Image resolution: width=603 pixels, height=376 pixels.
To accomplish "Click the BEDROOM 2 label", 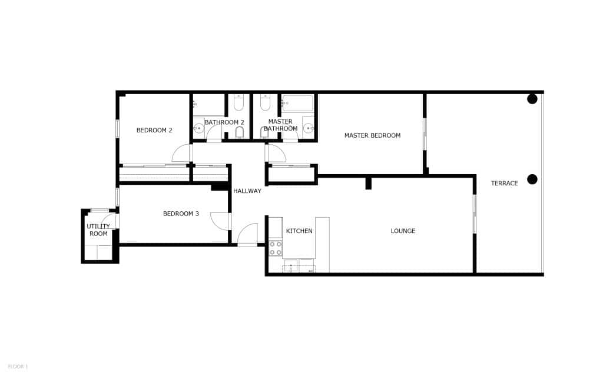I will [x=154, y=130].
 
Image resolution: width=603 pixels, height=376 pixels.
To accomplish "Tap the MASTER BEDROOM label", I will [x=372, y=135].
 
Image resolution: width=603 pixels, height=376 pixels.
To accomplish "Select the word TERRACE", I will [x=505, y=184].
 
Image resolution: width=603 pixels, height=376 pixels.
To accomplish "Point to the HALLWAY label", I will [x=247, y=191].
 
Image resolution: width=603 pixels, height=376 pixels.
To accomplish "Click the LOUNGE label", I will [x=403, y=231].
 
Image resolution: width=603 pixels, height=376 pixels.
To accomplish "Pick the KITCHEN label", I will [x=299, y=231].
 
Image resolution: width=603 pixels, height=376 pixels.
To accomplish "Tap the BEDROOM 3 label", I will [x=181, y=214].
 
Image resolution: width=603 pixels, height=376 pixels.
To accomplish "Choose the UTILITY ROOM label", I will [x=98, y=230].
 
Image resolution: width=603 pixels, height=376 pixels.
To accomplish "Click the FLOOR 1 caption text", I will [x=18, y=367].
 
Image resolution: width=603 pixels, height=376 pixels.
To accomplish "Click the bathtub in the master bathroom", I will [x=297, y=104].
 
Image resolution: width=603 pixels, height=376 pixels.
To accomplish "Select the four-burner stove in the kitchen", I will [x=275, y=248].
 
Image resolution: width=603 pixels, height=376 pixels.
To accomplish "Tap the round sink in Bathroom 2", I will [x=199, y=128].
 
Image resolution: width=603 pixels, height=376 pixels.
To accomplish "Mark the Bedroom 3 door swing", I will [x=220, y=222].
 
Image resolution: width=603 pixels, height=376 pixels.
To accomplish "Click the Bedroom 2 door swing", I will [x=182, y=154].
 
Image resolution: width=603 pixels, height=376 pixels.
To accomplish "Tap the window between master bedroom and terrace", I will [x=424, y=134].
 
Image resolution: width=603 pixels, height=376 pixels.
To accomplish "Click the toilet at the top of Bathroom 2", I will [x=238, y=104].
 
